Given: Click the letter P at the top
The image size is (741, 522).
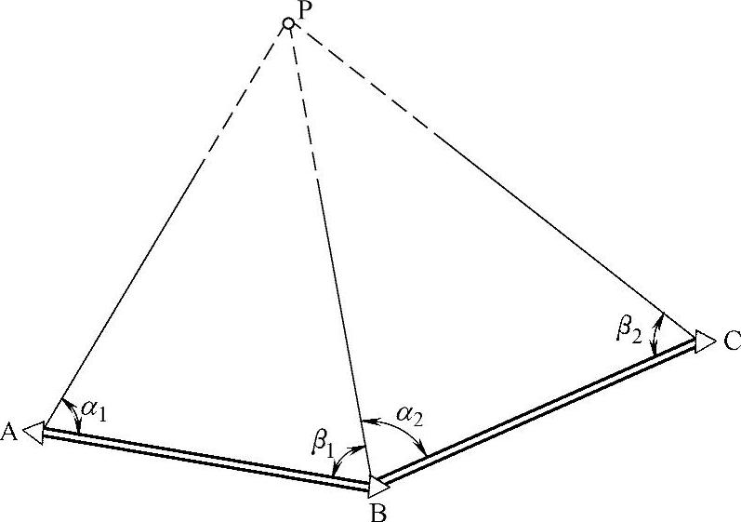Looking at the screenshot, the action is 305,8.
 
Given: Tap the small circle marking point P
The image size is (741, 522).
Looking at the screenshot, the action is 289,22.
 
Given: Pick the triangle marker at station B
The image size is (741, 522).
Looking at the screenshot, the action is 379,485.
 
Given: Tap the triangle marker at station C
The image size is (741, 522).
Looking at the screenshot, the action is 704,337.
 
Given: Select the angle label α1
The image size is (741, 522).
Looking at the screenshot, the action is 94,410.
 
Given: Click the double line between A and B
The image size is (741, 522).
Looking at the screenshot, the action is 205,459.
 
